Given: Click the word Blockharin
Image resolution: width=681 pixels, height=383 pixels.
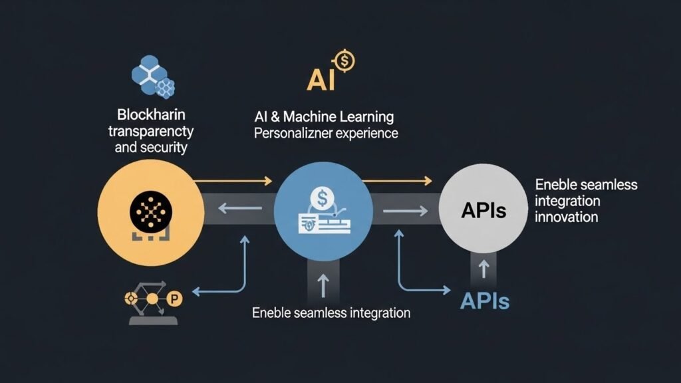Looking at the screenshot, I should (150, 113).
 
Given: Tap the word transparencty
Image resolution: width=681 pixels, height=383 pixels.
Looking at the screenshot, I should (150, 130).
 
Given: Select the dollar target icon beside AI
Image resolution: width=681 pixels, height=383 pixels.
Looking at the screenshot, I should (344, 61).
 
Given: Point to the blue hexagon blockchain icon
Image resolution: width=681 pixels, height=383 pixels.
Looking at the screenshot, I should (153, 74).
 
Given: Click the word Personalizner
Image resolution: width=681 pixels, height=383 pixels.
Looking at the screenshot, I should (287, 134).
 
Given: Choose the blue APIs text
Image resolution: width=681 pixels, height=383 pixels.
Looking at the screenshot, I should (485, 301).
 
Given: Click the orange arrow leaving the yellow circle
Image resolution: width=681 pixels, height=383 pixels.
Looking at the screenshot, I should (233, 181).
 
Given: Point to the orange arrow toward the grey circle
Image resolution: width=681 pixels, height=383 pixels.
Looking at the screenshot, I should (398, 180).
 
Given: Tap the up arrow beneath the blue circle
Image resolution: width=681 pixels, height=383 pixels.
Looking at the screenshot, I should (323, 287).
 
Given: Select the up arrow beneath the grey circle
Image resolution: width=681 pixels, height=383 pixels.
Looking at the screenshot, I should (484, 268).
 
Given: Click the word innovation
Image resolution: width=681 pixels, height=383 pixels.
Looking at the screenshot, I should (566, 217).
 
